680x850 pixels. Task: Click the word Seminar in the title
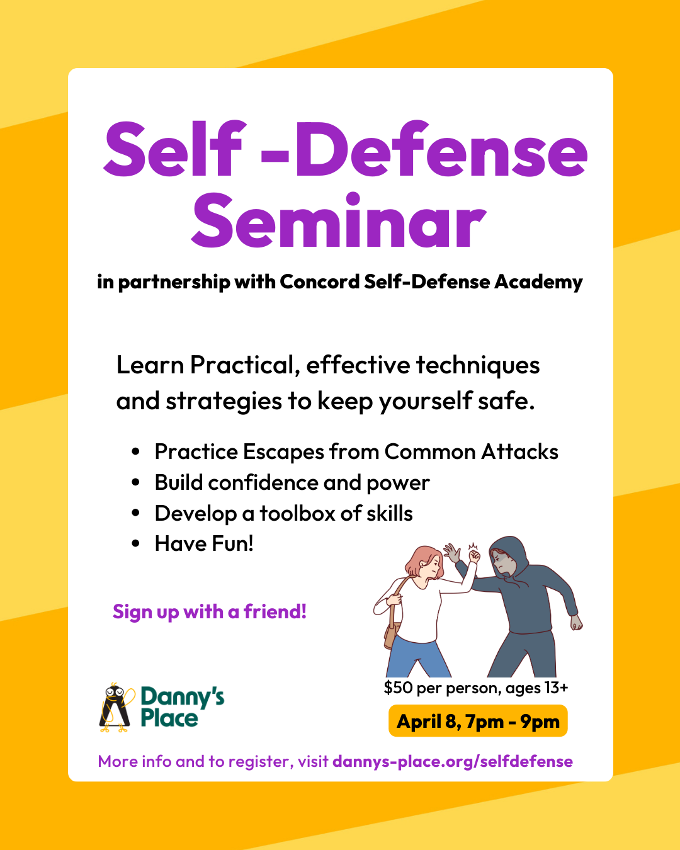pyautogui.click(x=339, y=222)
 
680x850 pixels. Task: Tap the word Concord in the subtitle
pyautogui.click(x=319, y=281)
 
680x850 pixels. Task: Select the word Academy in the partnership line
pyautogui.click(x=538, y=282)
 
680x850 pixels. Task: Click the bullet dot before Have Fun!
pyautogui.click(x=135, y=543)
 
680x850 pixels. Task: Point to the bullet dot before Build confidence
pyautogui.click(x=135, y=483)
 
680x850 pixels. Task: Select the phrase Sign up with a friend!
pyautogui.click(x=210, y=611)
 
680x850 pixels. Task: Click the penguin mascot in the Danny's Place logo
pyautogui.click(x=115, y=708)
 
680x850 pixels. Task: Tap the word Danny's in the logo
pyautogui.click(x=182, y=696)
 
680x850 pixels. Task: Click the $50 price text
pyautogui.click(x=398, y=688)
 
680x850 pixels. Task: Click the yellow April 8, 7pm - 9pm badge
pyautogui.click(x=478, y=721)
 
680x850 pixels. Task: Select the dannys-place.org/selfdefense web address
pyautogui.click(x=452, y=761)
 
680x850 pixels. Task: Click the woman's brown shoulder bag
pyautogui.click(x=392, y=633)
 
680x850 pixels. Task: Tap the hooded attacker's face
pyautogui.click(x=504, y=562)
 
